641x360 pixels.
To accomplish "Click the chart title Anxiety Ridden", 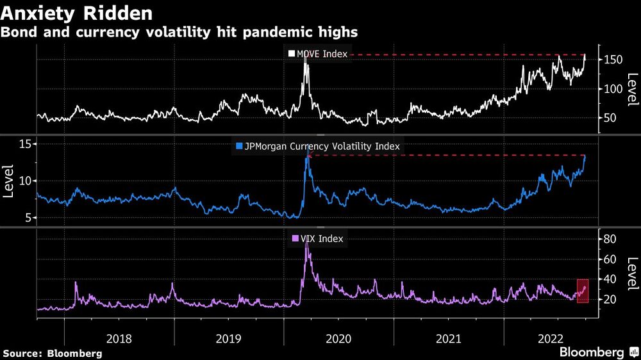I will point(78,13).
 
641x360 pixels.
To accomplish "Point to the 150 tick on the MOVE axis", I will point(612,60).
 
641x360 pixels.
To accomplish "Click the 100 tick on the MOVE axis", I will point(612,88).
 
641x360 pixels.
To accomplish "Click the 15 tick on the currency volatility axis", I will point(24,144).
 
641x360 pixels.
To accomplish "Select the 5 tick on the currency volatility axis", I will point(28,218).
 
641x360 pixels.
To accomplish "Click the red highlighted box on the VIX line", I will point(583,291).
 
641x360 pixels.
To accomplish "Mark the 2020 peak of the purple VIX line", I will point(307,244).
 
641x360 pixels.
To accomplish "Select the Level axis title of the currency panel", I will point(8,181).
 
